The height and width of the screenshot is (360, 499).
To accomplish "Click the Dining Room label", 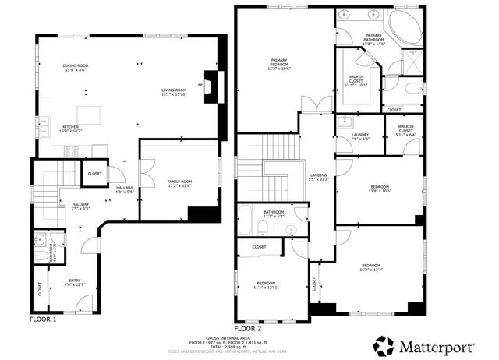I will click(76, 68).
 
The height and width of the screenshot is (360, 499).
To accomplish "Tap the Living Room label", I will click(175, 92).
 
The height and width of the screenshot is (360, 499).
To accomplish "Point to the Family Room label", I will click(179, 184).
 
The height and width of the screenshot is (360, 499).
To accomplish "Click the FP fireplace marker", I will click(201, 84).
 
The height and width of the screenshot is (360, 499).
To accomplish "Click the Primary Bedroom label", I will click(279, 64).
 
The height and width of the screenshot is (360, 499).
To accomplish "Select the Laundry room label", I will click(359, 137).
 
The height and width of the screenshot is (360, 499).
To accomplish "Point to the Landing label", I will click(318, 177).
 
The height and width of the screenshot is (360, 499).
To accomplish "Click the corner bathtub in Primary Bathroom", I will click(405, 27).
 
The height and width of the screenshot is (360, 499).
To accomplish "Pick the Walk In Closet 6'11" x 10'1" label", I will click(356, 80).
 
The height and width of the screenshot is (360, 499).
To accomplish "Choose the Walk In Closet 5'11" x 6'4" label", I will click(405, 131).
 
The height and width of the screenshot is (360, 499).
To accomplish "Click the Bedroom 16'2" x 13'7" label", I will click(371, 268).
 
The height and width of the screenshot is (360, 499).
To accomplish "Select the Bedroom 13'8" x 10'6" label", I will click(379, 189).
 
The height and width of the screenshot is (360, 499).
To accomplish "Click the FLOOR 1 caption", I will click(44, 319).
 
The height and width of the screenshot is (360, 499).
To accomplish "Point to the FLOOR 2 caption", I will click(247, 330).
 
